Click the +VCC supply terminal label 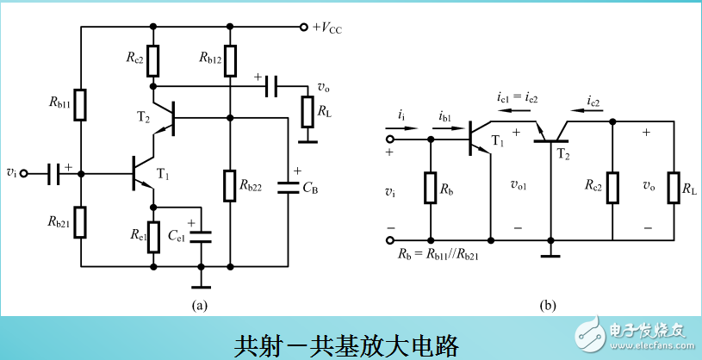coord(332,27)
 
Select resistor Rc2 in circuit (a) coord(153,60)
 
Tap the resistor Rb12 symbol coord(230,60)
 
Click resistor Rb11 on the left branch coord(80,104)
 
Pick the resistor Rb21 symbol coord(80,220)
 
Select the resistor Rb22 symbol coord(230,186)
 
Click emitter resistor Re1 coord(153,237)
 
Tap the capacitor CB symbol coord(286,186)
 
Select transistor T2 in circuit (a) coord(166,115)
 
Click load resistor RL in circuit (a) coord(308,111)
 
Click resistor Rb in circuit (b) coord(430,189)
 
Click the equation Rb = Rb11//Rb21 coord(438,256)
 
